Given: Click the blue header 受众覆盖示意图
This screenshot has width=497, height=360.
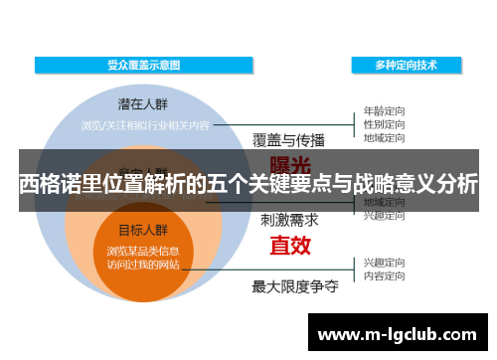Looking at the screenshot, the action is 144,65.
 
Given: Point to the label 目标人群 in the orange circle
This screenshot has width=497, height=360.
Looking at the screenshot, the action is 143,229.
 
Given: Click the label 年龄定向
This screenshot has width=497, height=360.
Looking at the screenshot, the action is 383,111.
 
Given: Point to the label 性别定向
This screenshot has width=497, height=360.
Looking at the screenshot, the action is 383,125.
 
